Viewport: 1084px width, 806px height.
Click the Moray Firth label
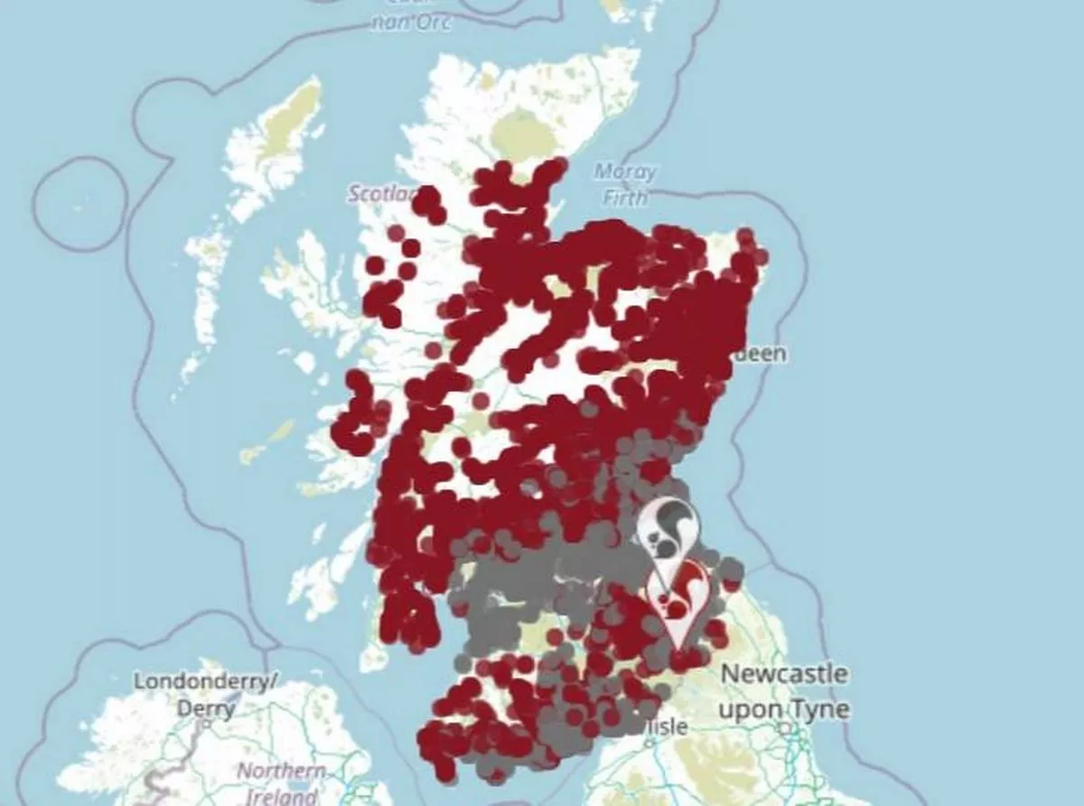point(625,183)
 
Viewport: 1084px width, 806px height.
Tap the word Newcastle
point(784,674)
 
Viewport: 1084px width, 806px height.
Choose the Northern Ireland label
point(280,784)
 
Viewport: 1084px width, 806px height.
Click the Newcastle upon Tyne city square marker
point(787,727)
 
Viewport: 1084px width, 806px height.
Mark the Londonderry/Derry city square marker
point(207,722)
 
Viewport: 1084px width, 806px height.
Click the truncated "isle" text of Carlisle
point(669,727)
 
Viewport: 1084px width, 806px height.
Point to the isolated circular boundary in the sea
point(80,203)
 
